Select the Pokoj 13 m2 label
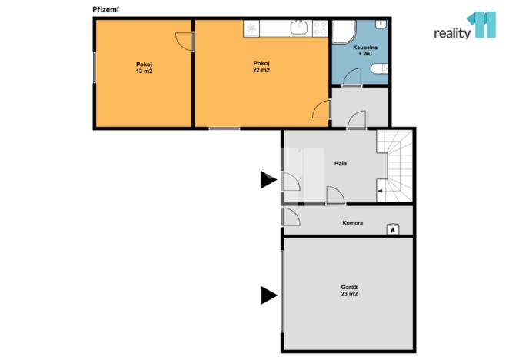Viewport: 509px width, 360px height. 144,68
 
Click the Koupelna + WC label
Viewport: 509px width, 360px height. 364,51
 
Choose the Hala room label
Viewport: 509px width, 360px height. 340,163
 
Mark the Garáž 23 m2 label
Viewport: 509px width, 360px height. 349,292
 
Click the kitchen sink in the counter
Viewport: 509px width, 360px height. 299,29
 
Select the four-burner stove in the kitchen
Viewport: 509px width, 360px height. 319,29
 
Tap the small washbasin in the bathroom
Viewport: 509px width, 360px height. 378,25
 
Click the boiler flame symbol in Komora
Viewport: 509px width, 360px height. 391,228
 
